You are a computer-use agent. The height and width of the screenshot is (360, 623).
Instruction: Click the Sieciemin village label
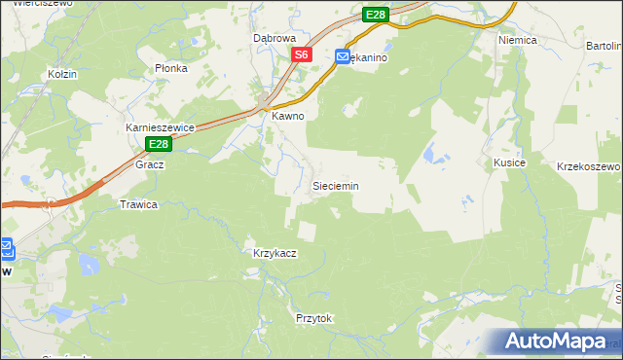tap(335, 185)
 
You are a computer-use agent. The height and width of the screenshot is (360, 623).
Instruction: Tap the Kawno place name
tap(288, 116)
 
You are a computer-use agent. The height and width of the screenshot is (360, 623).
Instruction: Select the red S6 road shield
tap(302, 55)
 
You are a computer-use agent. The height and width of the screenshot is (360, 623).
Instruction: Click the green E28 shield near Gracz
tap(160, 144)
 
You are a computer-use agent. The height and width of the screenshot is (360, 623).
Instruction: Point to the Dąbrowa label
tap(274, 38)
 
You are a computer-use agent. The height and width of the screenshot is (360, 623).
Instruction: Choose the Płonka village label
tap(170, 68)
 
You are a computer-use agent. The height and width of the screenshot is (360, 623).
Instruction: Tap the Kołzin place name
tap(62, 74)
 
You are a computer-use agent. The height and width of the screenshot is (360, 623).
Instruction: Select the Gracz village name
tap(150, 164)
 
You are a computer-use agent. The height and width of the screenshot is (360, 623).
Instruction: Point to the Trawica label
tap(138, 204)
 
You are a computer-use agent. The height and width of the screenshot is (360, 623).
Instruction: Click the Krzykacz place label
tap(275, 252)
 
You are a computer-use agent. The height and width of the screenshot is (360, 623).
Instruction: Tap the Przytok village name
tap(313, 318)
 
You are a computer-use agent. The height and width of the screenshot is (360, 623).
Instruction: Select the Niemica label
tap(518, 41)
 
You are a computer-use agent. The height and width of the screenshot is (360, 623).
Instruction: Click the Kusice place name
tap(509, 162)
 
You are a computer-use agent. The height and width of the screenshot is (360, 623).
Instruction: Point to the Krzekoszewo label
tap(588, 166)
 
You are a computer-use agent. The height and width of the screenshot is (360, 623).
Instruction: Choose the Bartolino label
tap(605, 46)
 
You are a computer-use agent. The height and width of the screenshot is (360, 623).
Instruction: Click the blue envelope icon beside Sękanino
tap(343, 58)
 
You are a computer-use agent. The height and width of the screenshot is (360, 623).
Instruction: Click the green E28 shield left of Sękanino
tap(377, 15)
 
